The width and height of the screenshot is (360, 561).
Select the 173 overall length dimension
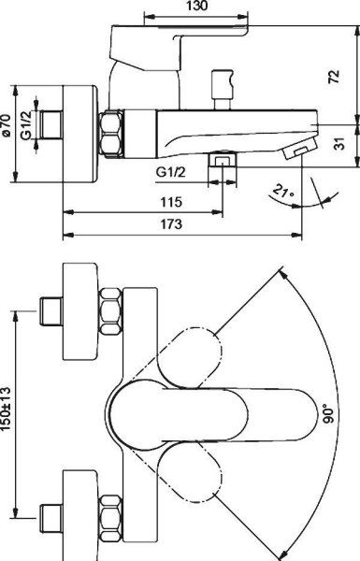click(169, 224)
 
